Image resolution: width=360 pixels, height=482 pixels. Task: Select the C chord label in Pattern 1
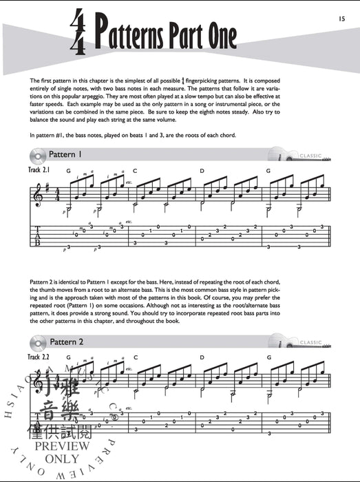click(x=136, y=170)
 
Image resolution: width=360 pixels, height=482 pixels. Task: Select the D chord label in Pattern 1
click(x=202, y=170)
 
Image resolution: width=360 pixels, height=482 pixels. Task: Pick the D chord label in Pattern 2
click(x=202, y=357)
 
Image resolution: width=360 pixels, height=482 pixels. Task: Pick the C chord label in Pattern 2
click(x=136, y=357)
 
